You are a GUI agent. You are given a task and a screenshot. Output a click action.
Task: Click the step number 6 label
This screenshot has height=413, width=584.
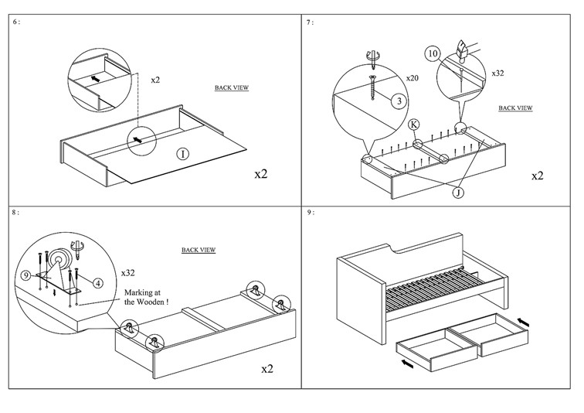tap(17, 22)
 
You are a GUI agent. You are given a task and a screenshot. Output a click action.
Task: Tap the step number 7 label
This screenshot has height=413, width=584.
tap(310, 22)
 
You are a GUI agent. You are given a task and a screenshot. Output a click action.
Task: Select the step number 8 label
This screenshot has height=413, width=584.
tap(17, 211)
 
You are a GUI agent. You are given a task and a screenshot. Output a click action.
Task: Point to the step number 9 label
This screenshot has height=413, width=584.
tap(310, 211)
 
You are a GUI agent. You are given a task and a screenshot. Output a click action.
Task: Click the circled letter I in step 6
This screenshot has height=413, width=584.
tap(182, 154)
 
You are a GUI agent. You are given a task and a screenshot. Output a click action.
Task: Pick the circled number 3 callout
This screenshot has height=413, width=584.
tap(398, 101)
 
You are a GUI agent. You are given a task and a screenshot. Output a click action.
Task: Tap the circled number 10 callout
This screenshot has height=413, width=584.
tap(433, 54)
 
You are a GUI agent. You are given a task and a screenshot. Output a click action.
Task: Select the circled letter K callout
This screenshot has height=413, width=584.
tap(414, 124)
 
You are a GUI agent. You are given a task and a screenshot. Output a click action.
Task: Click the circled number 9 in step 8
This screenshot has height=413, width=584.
tap(26, 275)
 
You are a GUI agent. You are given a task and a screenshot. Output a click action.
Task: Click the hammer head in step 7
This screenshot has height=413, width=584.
tap(464, 50)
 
